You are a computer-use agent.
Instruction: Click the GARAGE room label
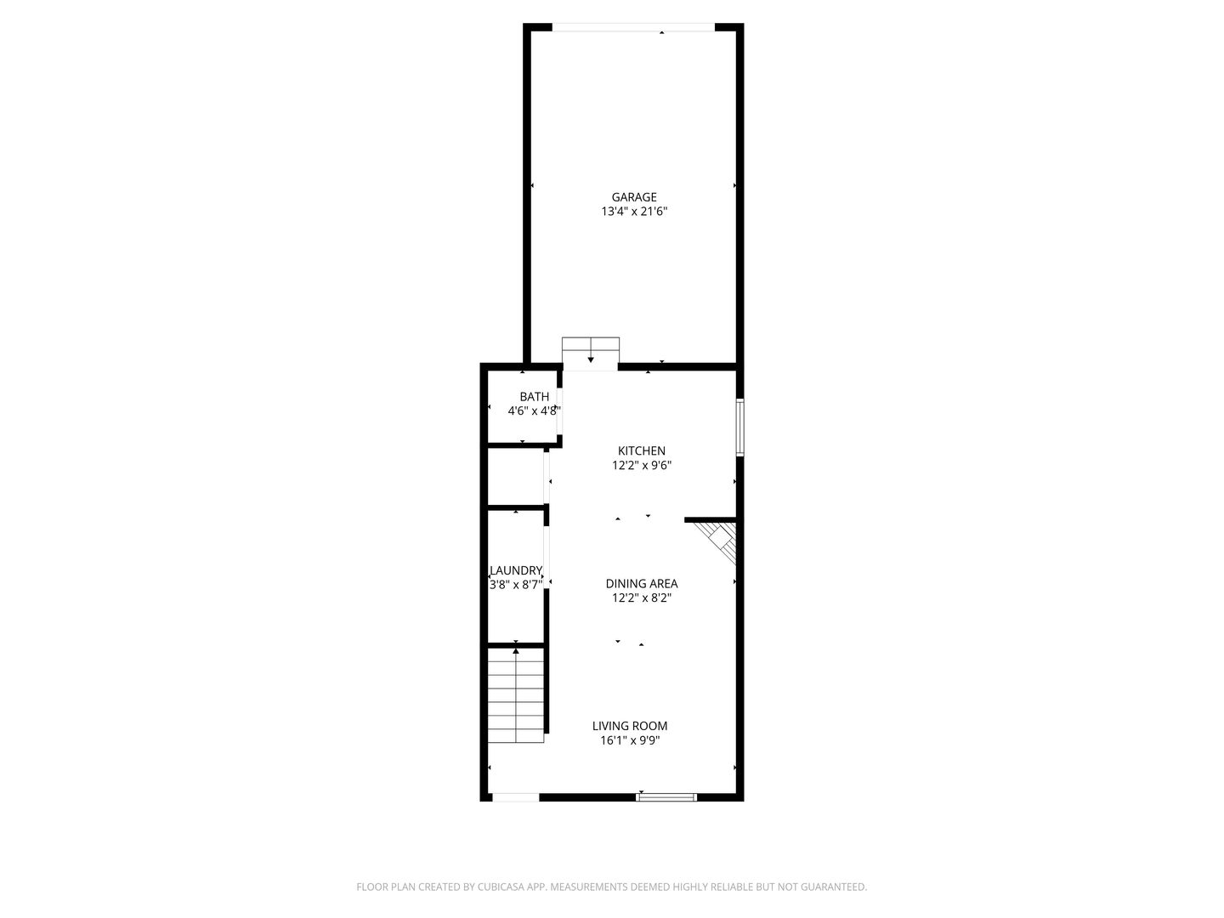pyautogui.click(x=634, y=197)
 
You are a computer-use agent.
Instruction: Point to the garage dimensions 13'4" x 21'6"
pyautogui.click(x=634, y=212)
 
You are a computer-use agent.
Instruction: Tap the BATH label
pyautogui.click(x=534, y=396)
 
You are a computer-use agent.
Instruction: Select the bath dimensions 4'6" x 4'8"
pyautogui.click(x=534, y=411)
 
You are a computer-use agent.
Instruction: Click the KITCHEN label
pyautogui.click(x=641, y=450)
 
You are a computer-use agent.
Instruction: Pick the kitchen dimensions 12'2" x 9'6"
pyautogui.click(x=642, y=465)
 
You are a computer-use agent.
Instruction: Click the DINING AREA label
pyautogui.click(x=641, y=583)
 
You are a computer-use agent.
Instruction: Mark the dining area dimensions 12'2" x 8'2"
pyautogui.click(x=642, y=598)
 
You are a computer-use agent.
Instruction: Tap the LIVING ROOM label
pyautogui.click(x=630, y=726)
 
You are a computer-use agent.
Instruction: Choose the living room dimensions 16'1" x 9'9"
pyautogui.click(x=630, y=740)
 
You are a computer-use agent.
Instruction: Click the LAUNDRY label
pyautogui.click(x=516, y=570)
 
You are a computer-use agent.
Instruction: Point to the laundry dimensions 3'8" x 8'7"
pyautogui.click(x=516, y=585)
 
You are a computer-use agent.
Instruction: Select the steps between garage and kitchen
pyautogui.click(x=590, y=353)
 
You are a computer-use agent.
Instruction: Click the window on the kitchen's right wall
pyautogui.click(x=739, y=427)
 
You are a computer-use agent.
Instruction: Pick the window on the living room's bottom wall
pyautogui.click(x=666, y=797)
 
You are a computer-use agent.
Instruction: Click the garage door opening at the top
pyautogui.click(x=633, y=28)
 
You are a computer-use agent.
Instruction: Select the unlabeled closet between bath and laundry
pyautogui.click(x=515, y=477)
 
